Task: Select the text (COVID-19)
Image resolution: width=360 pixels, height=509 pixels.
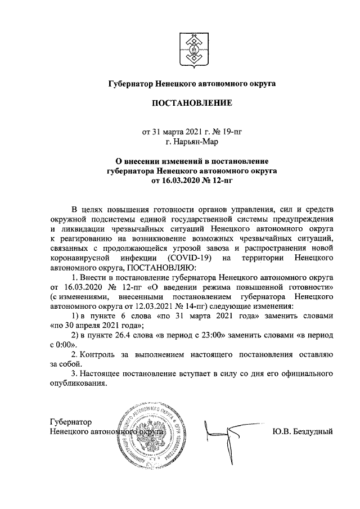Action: (x=191, y=258)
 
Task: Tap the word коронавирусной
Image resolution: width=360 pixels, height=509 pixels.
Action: (x=79, y=258)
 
